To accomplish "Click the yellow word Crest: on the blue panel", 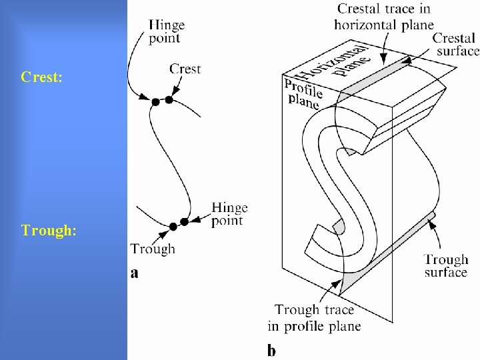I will click(x=42, y=78).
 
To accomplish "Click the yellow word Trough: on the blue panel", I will click(x=49, y=231).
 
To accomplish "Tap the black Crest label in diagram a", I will click(x=185, y=69).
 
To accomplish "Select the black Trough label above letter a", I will click(x=153, y=249).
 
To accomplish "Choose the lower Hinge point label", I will click(x=229, y=214).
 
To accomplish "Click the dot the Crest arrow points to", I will click(x=169, y=99).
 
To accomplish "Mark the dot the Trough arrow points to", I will click(x=173, y=227).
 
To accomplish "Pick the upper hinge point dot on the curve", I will click(x=155, y=101).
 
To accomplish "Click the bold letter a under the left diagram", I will click(x=135, y=272).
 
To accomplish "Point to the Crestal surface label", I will click(x=457, y=43).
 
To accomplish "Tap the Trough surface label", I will click(x=446, y=266).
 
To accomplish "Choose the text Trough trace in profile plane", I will click(x=318, y=318).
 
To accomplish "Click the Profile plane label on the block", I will click(x=303, y=93).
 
